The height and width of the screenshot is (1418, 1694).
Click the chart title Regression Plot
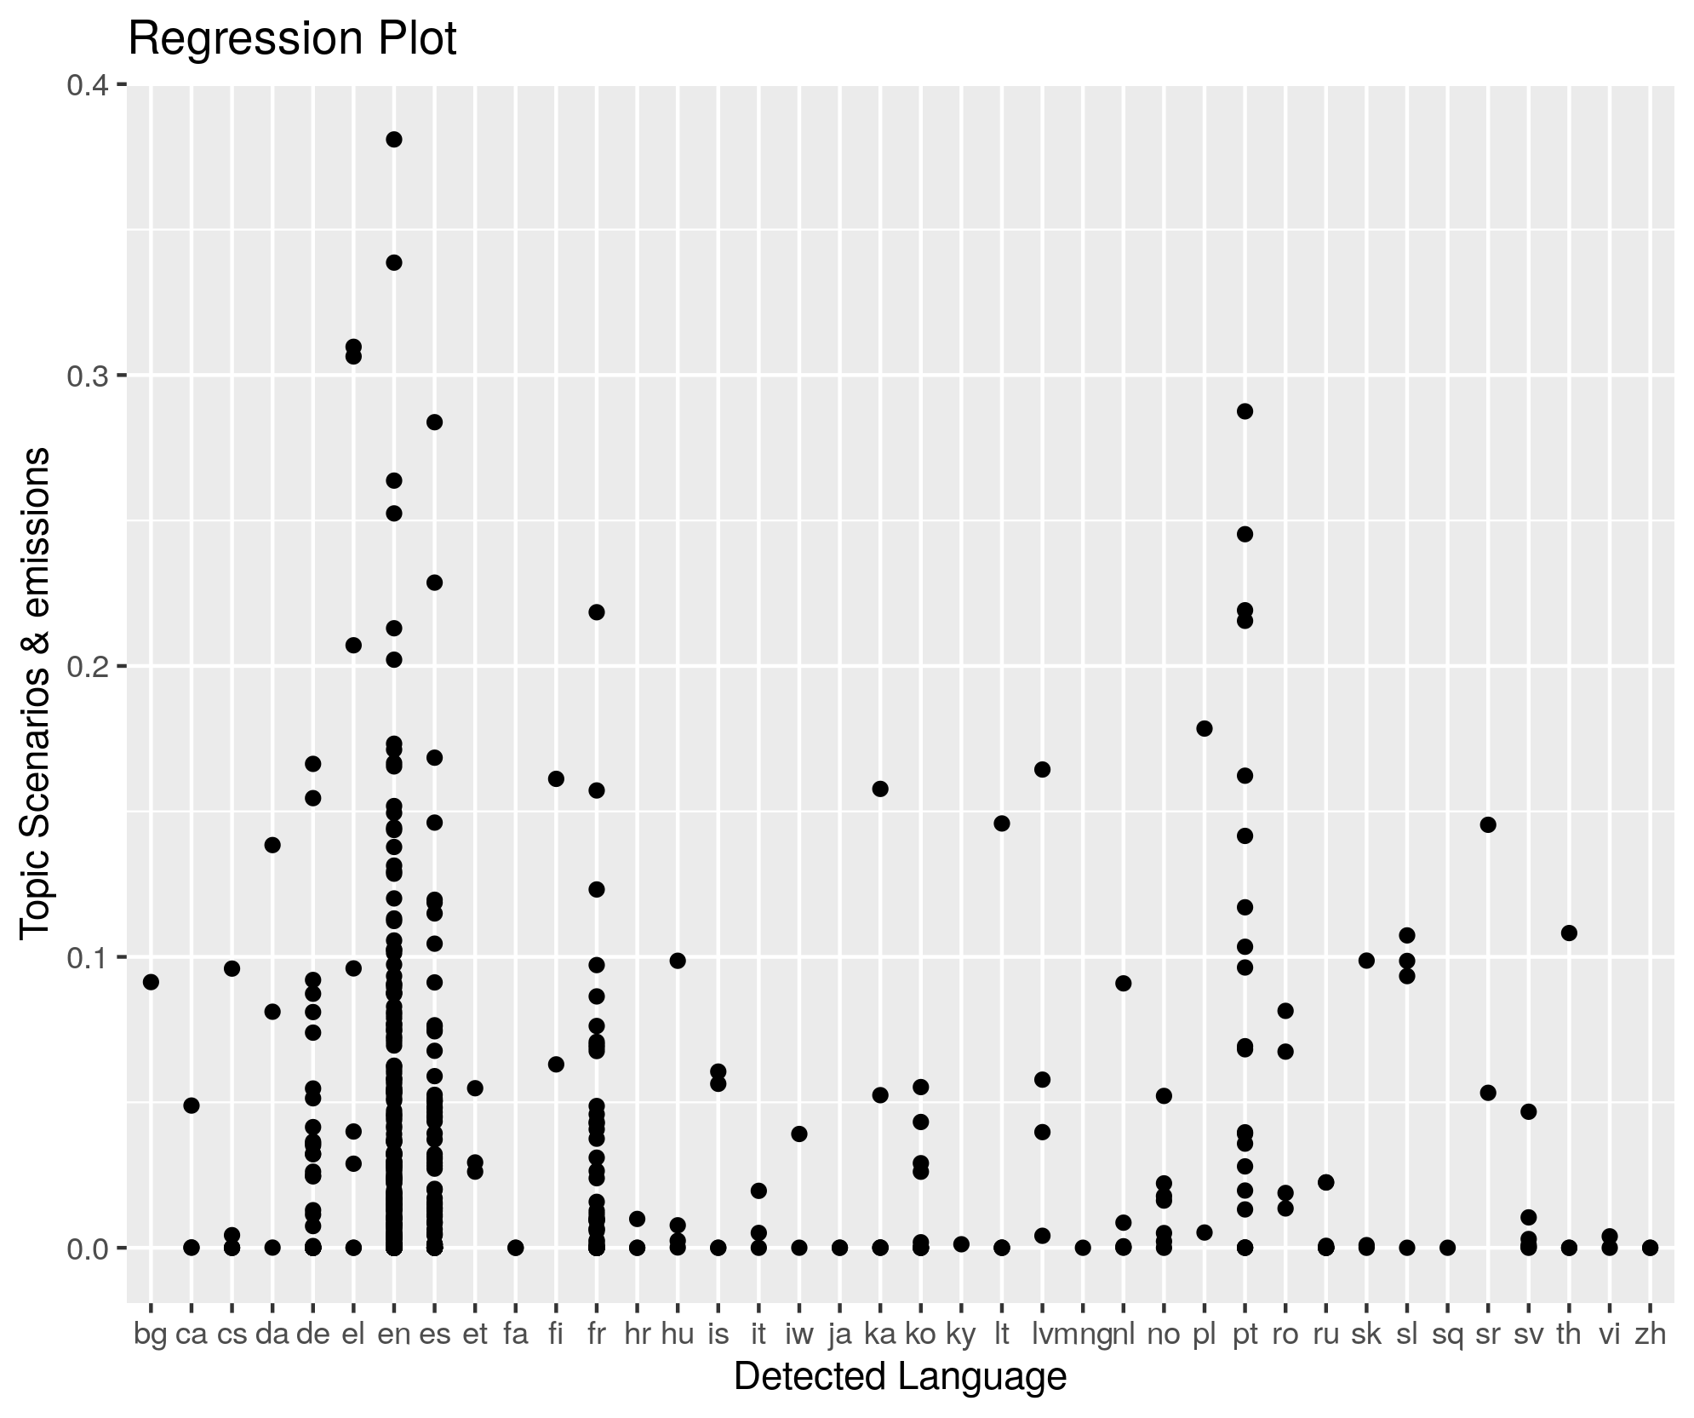(x=292, y=39)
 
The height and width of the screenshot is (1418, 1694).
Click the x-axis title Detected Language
(x=900, y=1376)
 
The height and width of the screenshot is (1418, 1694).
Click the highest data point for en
(x=394, y=140)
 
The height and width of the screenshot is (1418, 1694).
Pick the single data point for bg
(x=151, y=982)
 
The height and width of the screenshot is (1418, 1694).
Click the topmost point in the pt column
(x=1245, y=411)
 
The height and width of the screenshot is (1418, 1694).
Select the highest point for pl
(x=1205, y=728)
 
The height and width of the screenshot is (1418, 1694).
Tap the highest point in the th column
(x=1569, y=933)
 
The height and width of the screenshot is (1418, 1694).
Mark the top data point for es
(x=434, y=422)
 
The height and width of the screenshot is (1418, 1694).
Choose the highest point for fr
(x=597, y=612)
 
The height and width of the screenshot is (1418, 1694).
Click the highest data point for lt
(x=1002, y=823)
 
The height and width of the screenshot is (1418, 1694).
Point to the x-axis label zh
(x=1650, y=1335)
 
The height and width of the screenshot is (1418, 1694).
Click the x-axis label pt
(x=1245, y=1335)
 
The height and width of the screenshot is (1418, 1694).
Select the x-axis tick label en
(x=394, y=1335)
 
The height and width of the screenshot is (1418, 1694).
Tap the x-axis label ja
(x=839, y=1335)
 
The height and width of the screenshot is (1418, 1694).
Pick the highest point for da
(x=272, y=845)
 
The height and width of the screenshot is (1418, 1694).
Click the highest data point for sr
(x=1488, y=824)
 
